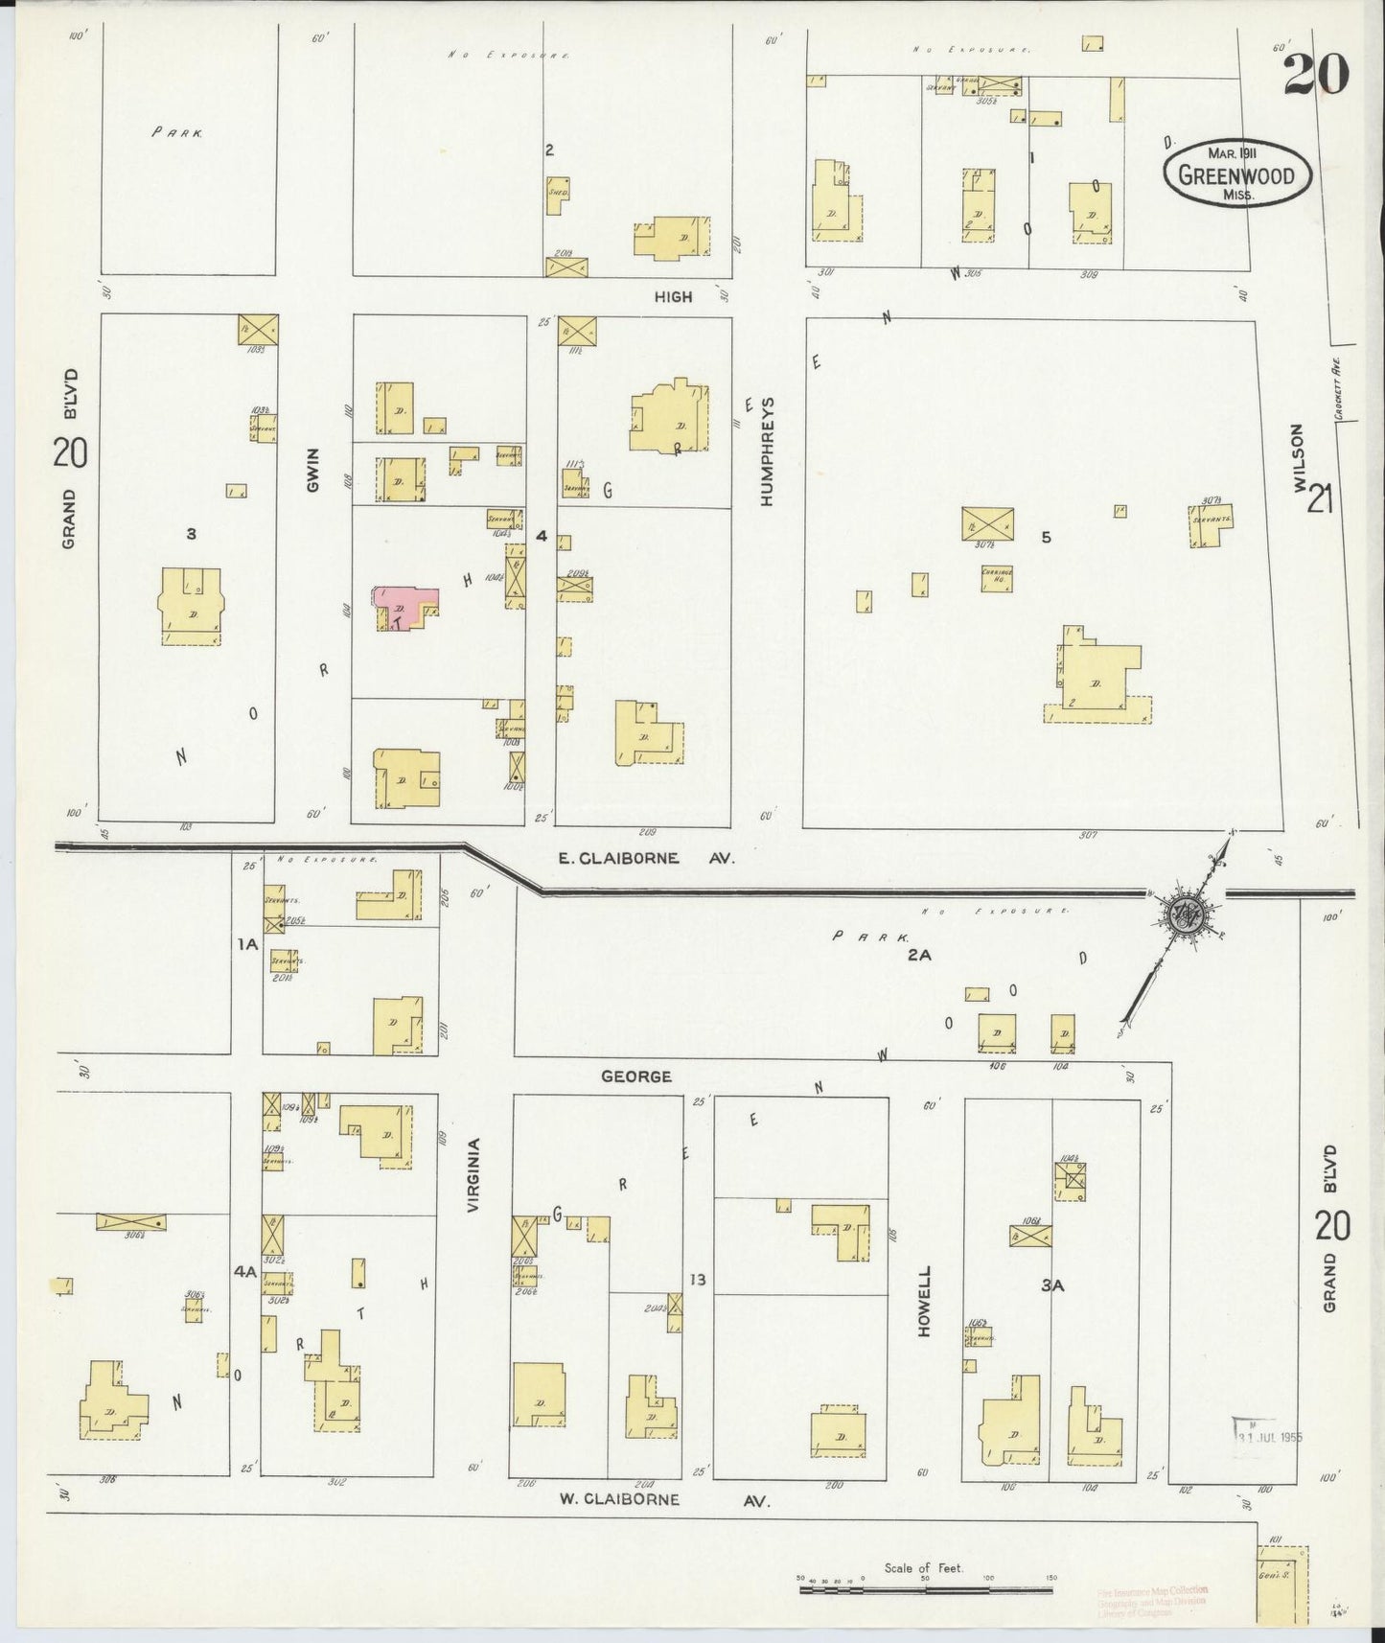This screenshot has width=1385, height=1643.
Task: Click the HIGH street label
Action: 673,297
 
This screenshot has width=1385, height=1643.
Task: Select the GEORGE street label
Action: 635,1076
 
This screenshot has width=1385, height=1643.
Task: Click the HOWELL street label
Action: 925,1301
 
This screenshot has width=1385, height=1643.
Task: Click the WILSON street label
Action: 1299,457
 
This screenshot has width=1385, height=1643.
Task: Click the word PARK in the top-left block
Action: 177,134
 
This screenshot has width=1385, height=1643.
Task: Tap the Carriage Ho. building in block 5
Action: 997,579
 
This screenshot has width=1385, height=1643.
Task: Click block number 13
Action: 697,1280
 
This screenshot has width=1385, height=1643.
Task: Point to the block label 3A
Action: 1051,1286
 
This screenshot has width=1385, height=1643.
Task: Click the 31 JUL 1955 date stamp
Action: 1267,1437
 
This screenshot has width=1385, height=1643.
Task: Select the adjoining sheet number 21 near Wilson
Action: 1320,498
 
